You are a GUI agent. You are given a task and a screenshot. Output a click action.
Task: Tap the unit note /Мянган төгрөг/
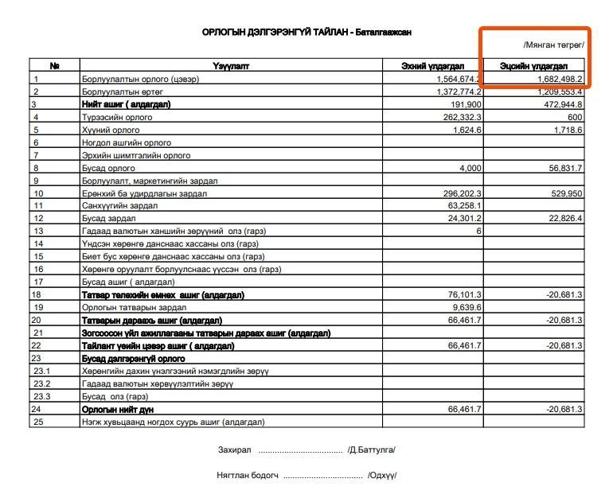tap(553, 45)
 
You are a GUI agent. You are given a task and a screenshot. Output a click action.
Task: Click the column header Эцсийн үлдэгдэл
tap(533, 66)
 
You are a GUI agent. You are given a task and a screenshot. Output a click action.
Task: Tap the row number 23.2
tap(42, 383)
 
